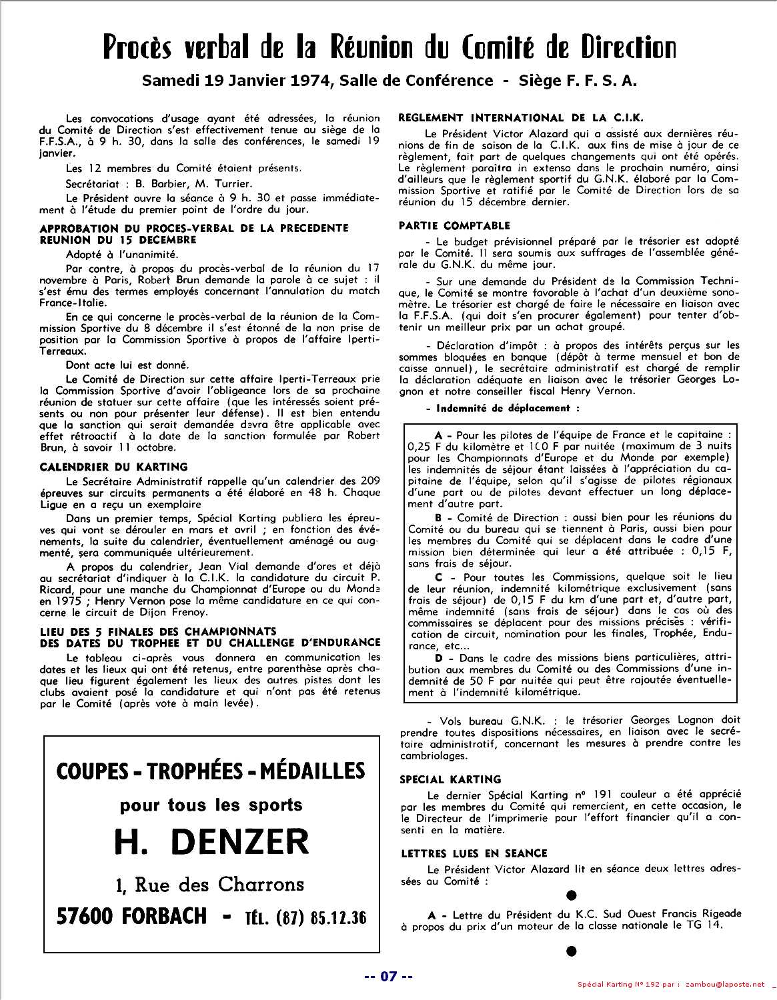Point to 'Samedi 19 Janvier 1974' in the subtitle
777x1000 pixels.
pyautogui.click(x=237, y=81)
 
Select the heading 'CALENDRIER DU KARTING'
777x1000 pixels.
pyautogui.click(x=113, y=467)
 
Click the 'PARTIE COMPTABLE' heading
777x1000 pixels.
pyautogui.click(x=454, y=225)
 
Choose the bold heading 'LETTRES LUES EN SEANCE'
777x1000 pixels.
pyautogui.click(x=474, y=853)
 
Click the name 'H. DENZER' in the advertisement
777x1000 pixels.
pyautogui.click(x=211, y=843)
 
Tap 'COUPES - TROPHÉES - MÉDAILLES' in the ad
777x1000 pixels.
pyautogui.click(x=211, y=771)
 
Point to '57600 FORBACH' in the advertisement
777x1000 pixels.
pyautogui.click(x=132, y=917)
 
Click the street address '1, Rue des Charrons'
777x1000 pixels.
pyautogui.click(x=210, y=885)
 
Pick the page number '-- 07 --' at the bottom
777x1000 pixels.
pyautogui.click(x=388, y=977)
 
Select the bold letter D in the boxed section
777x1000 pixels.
pyautogui.click(x=439, y=658)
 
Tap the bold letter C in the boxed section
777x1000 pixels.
pyautogui.click(x=439, y=577)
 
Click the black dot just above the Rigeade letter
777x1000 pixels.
pyautogui.click(x=571, y=896)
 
